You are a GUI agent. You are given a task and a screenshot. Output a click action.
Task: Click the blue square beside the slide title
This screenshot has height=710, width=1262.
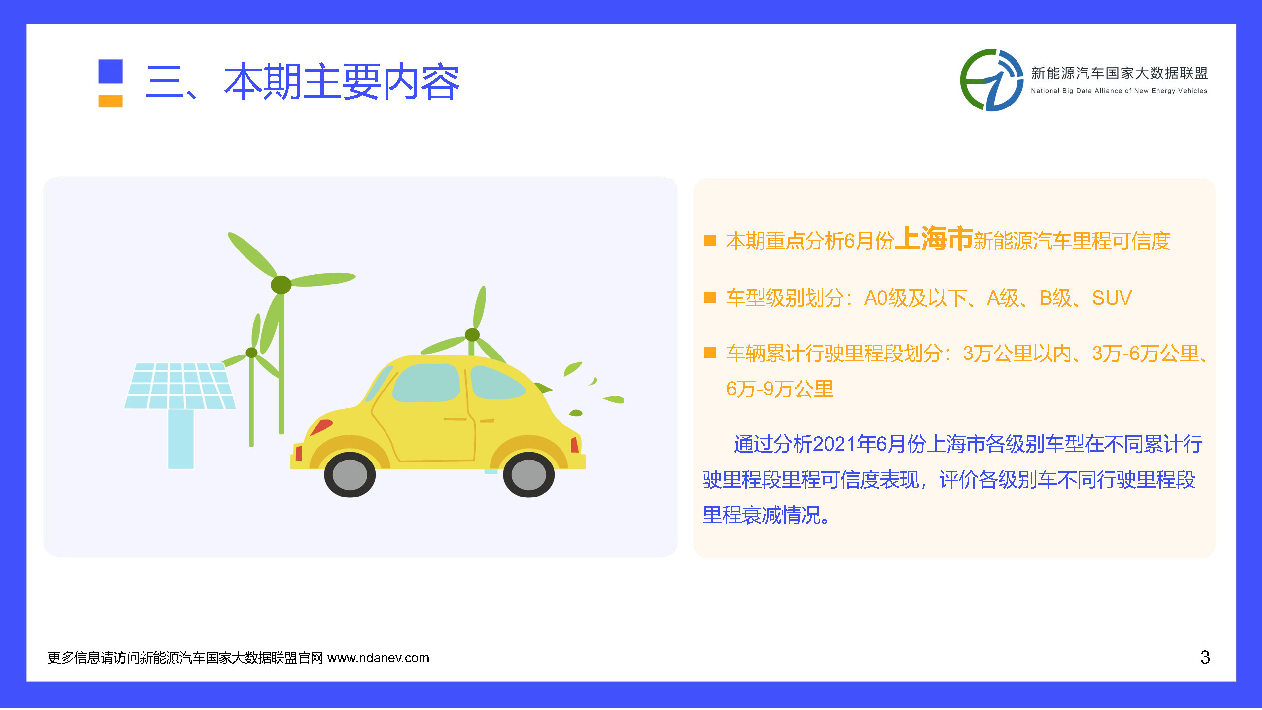click(110, 71)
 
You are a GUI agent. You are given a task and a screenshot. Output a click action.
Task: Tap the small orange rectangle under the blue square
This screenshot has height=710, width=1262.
click(110, 101)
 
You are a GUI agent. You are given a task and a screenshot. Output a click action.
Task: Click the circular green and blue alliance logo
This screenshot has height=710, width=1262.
click(991, 80)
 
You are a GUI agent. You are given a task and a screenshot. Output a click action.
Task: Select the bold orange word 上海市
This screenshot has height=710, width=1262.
click(934, 239)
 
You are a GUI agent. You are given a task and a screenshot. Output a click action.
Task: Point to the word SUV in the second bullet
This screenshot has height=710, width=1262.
click(1112, 298)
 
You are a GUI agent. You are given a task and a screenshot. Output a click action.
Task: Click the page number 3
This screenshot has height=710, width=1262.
click(1205, 657)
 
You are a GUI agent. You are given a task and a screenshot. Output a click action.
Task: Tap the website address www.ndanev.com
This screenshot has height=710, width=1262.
click(378, 658)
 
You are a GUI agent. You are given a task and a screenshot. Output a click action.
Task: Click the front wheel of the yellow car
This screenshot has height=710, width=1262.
click(350, 474)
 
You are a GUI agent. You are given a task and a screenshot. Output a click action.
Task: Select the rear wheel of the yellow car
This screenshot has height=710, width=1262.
click(528, 474)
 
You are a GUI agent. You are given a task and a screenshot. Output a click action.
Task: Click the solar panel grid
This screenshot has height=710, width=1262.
click(180, 386)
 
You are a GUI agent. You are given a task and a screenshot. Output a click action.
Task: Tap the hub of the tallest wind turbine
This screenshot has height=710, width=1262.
click(281, 284)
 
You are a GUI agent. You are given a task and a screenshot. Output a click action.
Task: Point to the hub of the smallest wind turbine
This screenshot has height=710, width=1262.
click(251, 352)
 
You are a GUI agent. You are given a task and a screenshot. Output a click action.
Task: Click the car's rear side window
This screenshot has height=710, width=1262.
click(497, 383)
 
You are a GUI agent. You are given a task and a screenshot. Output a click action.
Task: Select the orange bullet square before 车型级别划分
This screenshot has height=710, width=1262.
click(710, 298)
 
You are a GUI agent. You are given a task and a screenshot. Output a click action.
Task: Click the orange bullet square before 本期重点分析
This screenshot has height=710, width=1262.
click(710, 240)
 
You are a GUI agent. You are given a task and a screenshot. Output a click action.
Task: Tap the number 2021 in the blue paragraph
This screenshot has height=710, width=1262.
click(834, 444)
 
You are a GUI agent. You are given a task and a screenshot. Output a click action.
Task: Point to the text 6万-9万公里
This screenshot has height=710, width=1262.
click(779, 389)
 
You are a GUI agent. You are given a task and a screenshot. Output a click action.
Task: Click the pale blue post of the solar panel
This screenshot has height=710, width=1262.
click(180, 439)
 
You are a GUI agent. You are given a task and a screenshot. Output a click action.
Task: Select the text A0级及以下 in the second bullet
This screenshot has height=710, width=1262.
click(915, 298)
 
